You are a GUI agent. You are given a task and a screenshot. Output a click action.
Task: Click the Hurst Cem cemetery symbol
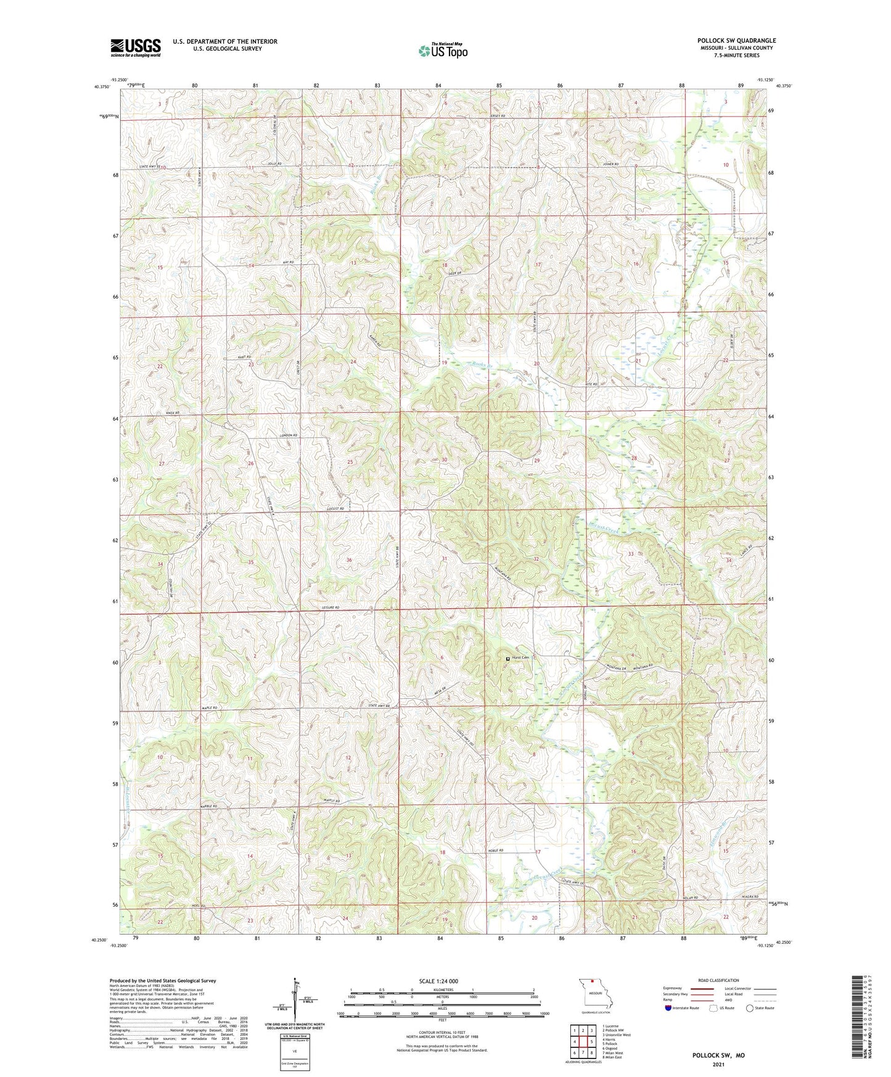[x=507, y=659]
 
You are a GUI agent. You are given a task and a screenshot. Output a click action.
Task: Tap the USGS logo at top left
[x=136, y=47]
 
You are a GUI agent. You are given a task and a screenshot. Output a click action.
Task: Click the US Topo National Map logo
[x=441, y=51]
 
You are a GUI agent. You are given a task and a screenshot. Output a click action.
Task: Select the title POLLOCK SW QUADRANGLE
[x=736, y=40]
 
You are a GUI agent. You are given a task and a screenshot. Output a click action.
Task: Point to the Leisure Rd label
[x=331, y=608]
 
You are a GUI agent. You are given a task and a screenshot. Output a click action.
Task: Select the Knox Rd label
[x=172, y=413]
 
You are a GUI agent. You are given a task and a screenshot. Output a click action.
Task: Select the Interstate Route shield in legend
[x=669, y=1008]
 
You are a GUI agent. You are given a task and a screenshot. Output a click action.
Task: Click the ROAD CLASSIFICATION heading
[x=718, y=980]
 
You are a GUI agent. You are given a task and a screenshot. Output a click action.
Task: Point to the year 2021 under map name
[x=718, y=1064]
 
